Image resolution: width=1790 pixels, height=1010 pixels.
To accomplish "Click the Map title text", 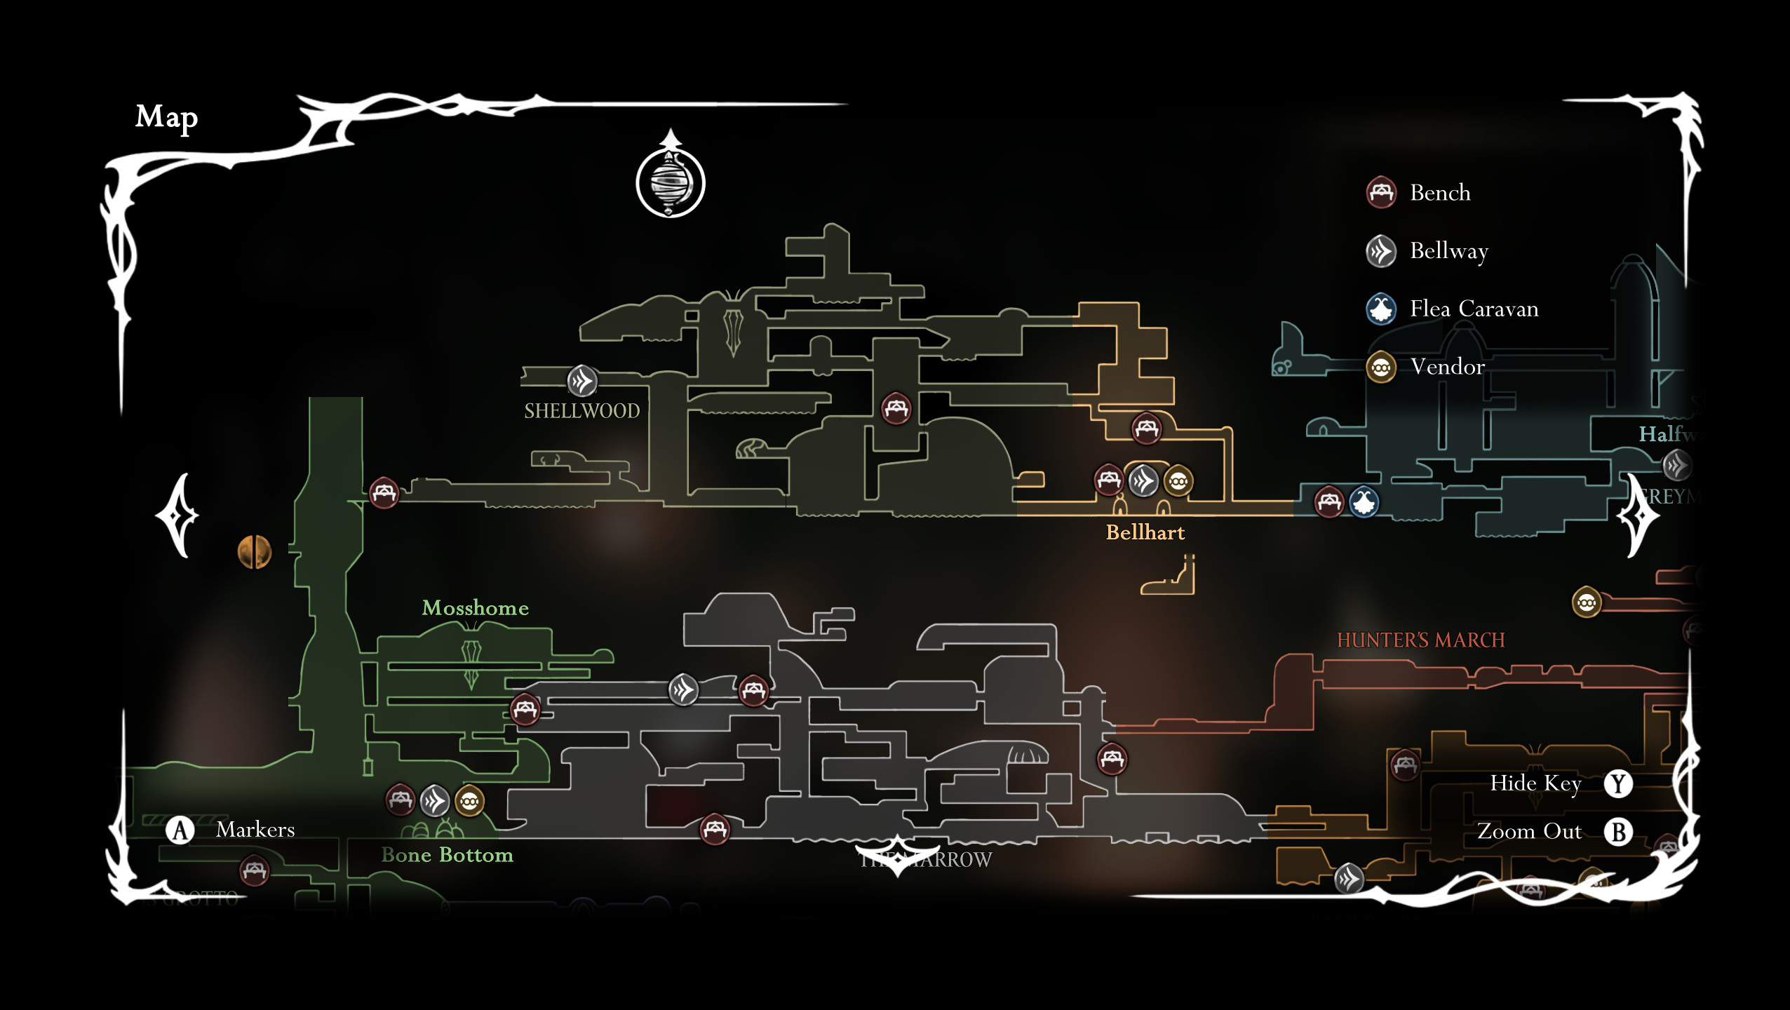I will [166, 117].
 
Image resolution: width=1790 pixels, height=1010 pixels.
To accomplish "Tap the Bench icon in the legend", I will [1380, 192].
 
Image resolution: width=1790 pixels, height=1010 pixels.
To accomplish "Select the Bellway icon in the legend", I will [1380, 250].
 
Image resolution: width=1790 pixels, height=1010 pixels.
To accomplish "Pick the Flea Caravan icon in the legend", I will [1380, 309].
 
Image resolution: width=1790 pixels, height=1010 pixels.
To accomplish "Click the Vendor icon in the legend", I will [1380, 367].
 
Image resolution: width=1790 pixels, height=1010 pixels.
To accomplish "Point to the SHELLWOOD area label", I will [581, 411].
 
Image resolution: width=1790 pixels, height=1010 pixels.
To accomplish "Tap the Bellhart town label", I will [1145, 532].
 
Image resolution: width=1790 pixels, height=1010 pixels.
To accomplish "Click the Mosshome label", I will [475, 607].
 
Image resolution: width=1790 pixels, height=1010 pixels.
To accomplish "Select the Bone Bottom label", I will [447, 855].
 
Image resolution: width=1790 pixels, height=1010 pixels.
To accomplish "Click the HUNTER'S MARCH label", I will [1420, 640].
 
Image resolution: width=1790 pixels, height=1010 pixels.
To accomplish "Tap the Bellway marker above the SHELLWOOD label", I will [581, 381].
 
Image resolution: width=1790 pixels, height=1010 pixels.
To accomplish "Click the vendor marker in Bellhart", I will [1178, 481].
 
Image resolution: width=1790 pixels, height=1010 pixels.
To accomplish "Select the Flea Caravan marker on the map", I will [1364, 501].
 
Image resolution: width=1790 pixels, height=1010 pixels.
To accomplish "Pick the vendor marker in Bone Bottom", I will [469, 800].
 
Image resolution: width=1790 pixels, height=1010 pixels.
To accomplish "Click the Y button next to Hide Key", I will [1617, 783].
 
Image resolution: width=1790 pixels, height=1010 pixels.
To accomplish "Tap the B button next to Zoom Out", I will [1617, 832].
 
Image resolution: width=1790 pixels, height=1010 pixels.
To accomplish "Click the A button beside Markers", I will [180, 830].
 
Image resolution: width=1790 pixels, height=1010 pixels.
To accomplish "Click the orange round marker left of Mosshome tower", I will [254, 551].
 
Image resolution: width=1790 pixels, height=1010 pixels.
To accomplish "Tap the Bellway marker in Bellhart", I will [1143, 481].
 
